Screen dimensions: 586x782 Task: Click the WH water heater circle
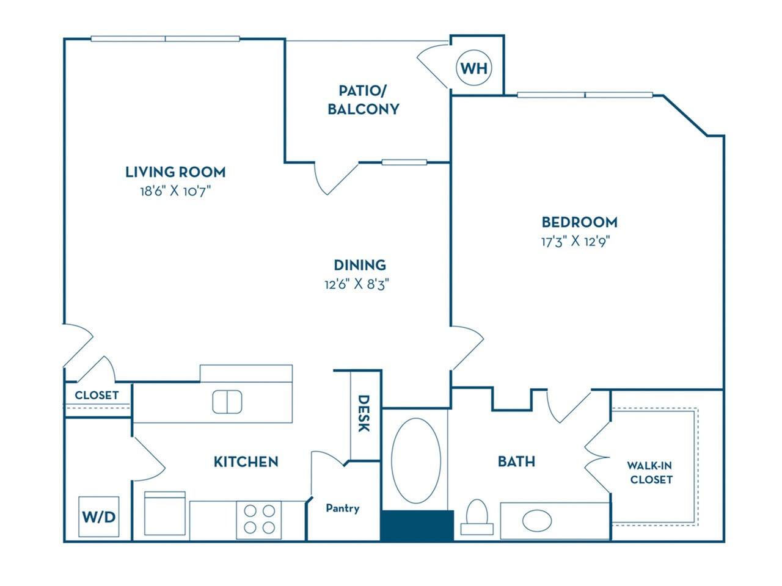474,68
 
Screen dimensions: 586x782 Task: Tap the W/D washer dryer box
98,516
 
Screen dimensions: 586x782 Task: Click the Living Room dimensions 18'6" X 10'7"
175,191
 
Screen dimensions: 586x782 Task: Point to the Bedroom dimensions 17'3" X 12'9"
576,241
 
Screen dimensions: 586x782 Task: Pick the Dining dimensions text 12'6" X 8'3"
357,284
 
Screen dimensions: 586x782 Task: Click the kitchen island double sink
227,402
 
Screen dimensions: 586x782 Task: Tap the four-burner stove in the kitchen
258,518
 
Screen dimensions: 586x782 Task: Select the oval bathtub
415,460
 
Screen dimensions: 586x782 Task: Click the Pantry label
342,508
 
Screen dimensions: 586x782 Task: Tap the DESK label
364,413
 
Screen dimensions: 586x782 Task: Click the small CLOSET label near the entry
97,395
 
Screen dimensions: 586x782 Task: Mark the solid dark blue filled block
417,526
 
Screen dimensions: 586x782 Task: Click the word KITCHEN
246,461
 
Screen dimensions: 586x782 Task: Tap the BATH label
516,461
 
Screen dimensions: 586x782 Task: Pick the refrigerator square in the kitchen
164,515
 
